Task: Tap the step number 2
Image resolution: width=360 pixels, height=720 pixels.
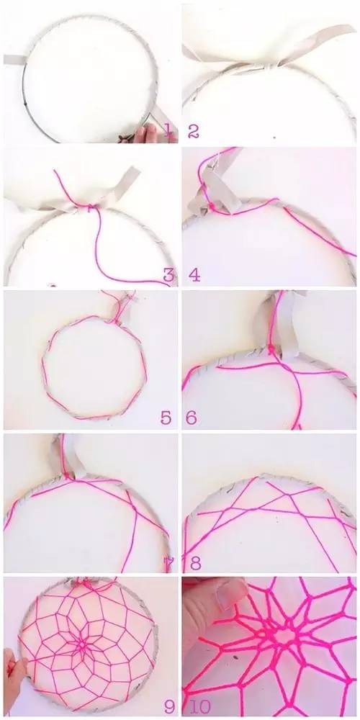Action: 193,132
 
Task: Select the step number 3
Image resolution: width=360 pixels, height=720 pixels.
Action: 169,275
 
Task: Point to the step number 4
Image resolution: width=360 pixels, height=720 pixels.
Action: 194,275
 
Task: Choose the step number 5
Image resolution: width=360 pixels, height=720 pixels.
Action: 166,418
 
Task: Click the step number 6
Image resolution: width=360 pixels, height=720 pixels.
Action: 192,418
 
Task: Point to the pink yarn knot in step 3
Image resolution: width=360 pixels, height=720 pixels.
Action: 91,207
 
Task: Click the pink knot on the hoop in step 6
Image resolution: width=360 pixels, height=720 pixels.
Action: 272,351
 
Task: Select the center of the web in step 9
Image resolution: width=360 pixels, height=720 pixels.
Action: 83,645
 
